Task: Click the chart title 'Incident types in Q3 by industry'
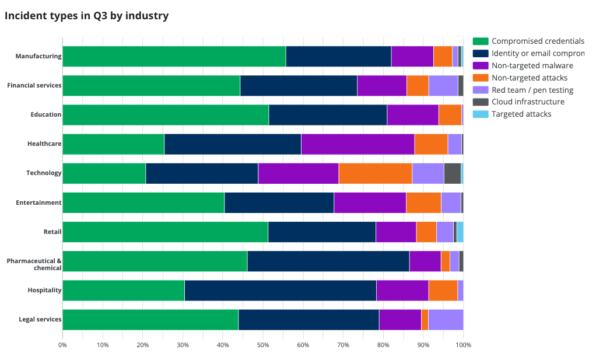click(x=86, y=16)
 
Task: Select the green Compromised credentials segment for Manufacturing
click(x=174, y=56)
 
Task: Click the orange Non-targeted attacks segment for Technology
click(x=375, y=173)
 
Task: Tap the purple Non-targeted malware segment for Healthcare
click(x=357, y=144)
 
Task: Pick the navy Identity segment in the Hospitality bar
click(x=280, y=290)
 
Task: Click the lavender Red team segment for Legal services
click(x=446, y=320)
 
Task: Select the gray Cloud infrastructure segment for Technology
click(x=452, y=173)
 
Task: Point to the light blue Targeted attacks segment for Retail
click(x=460, y=232)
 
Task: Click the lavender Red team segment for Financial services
click(x=443, y=86)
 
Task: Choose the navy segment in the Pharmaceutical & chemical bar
click(x=328, y=261)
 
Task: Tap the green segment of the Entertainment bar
click(x=143, y=202)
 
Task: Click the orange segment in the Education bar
click(x=450, y=115)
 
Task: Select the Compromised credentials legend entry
click(x=528, y=41)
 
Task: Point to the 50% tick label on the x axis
click(x=263, y=345)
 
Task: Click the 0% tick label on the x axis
click(x=62, y=345)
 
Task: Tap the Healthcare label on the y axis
click(x=44, y=144)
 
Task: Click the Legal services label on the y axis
click(x=40, y=319)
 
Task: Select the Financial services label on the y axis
click(x=34, y=85)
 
